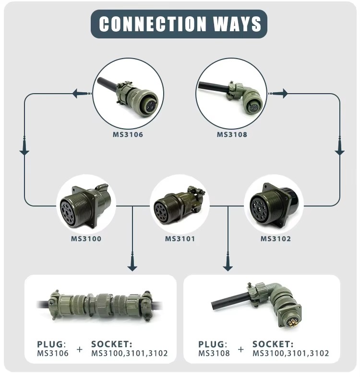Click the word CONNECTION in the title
[153, 24]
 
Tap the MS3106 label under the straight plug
[128, 134]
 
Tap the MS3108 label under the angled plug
[232, 134]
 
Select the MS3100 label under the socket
[86, 239]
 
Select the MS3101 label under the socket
[180, 239]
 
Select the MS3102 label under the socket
[276, 239]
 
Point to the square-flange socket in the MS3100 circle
[85, 206]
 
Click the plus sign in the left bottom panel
[80, 349]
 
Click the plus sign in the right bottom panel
[241, 349]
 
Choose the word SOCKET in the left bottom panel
[110, 344]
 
